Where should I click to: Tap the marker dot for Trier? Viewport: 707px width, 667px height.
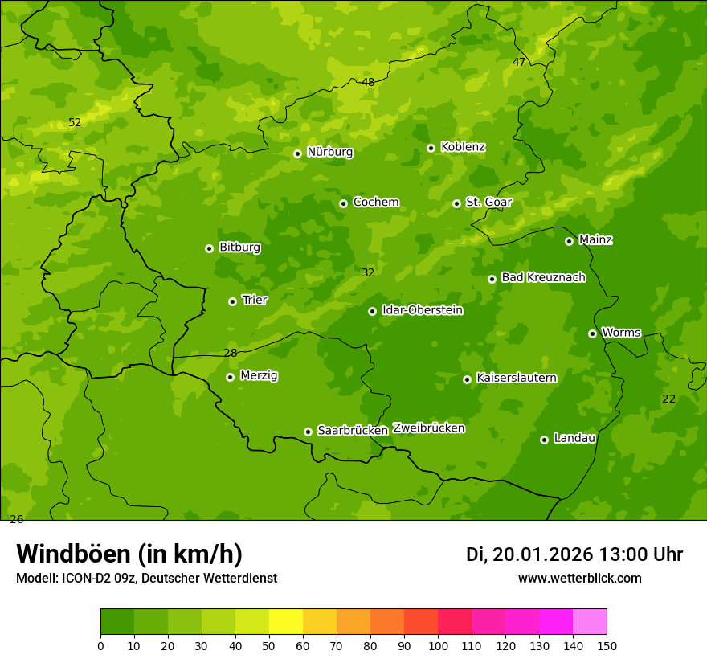pos(232,301)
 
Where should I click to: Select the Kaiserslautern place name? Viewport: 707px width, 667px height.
pos(517,378)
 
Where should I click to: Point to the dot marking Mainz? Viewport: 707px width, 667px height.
pos(569,241)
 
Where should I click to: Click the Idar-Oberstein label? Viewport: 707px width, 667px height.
pos(422,310)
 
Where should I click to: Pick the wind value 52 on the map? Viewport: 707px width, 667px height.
pos(75,123)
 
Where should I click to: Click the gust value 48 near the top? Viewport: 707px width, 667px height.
pos(368,82)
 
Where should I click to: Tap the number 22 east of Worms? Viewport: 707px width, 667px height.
pos(668,399)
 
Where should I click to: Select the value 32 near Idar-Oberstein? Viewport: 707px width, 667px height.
pos(368,273)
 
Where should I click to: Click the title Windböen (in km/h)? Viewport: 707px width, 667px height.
pos(129,554)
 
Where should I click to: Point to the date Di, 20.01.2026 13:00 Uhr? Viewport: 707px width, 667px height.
pos(574,554)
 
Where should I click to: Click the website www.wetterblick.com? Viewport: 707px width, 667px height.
pos(579,579)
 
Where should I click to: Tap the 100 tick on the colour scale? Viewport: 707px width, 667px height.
pos(438,645)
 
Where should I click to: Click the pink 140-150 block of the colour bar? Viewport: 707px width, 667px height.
pos(590,622)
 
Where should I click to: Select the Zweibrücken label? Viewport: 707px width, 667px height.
pos(428,428)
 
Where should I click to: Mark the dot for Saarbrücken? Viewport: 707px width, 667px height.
pos(308,432)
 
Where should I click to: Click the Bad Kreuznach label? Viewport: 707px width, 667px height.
pos(543,277)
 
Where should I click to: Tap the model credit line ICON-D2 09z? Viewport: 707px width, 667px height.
pos(146,579)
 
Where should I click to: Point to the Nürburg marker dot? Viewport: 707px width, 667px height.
pos(297,153)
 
